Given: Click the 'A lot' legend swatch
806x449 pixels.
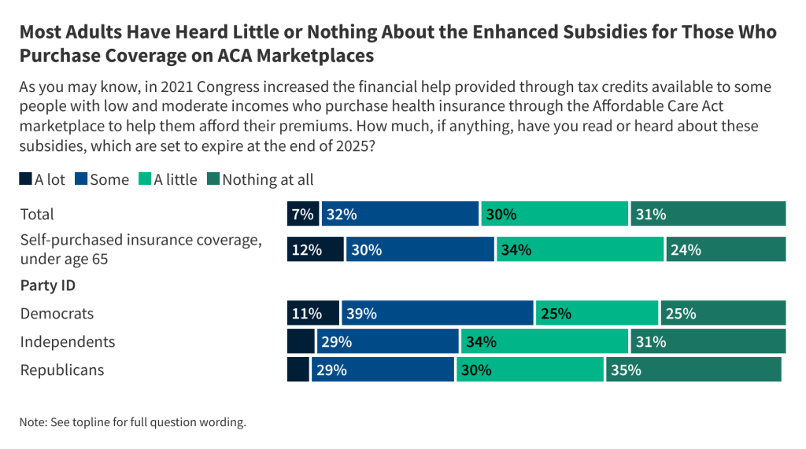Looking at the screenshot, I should (x=26, y=180).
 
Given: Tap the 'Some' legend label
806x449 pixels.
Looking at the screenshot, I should (x=109, y=180).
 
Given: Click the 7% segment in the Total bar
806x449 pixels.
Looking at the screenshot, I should (x=303, y=214).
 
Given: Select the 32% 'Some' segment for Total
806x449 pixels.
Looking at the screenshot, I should (x=400, y=214).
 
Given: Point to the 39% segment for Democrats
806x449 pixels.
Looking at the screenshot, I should (x=438, y=313).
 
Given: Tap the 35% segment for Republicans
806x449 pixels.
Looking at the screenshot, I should (x=693, y=370).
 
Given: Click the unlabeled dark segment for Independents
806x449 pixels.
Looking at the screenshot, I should (x=301, y=341).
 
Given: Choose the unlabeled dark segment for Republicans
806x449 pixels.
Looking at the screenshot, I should (x=298, y=370).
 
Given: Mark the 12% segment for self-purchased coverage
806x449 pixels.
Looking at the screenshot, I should (x=315, y=249).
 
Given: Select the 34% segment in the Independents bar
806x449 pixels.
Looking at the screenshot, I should (x=544, y=341).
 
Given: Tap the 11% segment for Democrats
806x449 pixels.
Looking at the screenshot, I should (x=313, y=313).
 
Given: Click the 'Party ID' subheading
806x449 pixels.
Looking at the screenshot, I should (x=46, y=285).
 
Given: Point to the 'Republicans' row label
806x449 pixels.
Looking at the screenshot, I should (x=62, y=370).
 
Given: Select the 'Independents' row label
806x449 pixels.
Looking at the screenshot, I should (x=68, y=341).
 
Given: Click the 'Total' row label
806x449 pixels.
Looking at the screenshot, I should (x=37, y=214).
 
